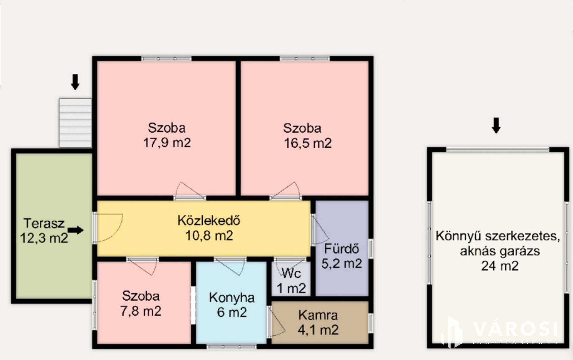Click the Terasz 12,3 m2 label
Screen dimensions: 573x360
pyautogui.click(x=44, y=231)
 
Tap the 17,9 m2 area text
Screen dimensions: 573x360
pyautogui.click(x=167, y=143)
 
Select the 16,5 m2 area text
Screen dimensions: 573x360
pyautogui.click(x=308, y=143)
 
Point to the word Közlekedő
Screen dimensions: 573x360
pyautogui.click(x=209, y=220)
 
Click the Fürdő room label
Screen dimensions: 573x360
pyautogui.click(x=342, y=249)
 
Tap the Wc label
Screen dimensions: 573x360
pyautogui.click(x=291, y=273)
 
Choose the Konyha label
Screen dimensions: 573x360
pyautogui.click(x=232, y=298)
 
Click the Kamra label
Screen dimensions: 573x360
pyautogui.click(x=318, y=315)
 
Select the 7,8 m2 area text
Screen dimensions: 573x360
pyautogui.click(x=141, y=311)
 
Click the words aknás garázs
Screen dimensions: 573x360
pyautogui.click(x=500, y=251)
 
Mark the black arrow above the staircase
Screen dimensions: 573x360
pyautogui.click(x=75, y=82)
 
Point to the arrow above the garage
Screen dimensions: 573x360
pyautogui.click(x=496, y=125)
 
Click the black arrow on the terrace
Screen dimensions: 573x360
pyautogui.click(x=76, y=230)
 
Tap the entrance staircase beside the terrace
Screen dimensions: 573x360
pyautogui.click(x=75, y=123)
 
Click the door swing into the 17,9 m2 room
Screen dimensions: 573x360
pyautogui.click(x=189, y=190)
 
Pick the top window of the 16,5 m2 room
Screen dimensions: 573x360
pyautogui.click(x=305, y=59)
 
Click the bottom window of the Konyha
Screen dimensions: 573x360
pyautogui.click(x=231, y=347)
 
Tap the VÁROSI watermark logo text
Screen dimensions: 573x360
pyautogui.click(x=515, y=329)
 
